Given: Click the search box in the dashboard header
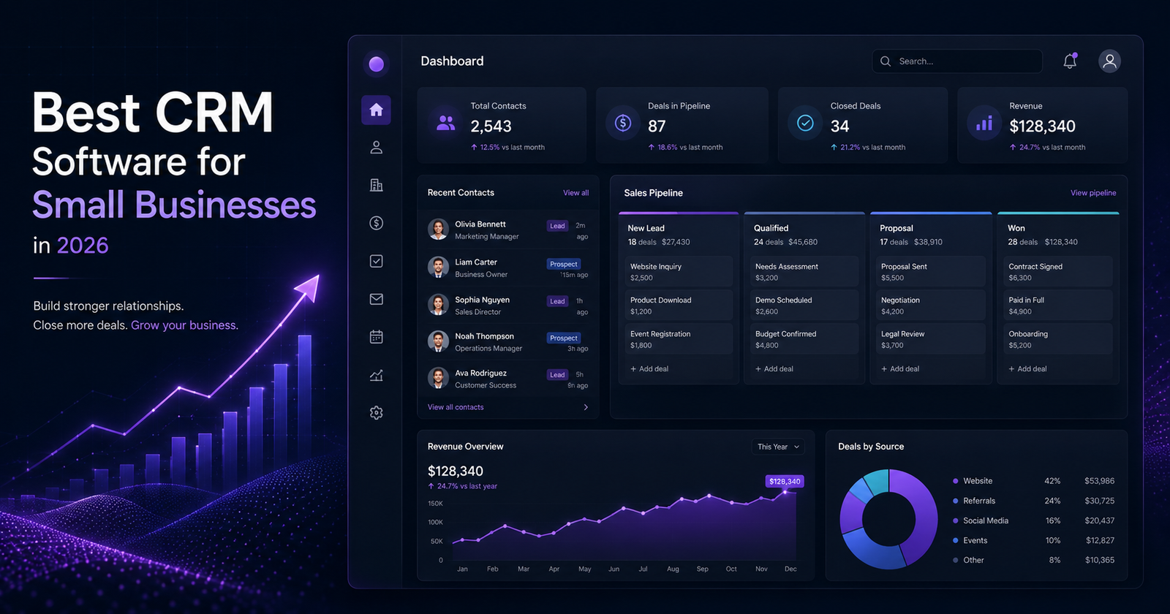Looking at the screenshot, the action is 957,61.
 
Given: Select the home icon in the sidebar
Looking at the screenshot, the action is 376,110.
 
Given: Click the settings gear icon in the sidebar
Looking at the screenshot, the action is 376,413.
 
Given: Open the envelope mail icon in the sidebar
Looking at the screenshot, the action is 376,299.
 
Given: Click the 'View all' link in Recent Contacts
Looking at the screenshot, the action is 575,193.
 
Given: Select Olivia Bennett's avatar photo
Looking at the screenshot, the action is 438,230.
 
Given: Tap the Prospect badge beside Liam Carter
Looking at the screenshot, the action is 564,264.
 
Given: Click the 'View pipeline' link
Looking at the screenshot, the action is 1093,193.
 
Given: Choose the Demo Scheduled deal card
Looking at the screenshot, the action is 804,305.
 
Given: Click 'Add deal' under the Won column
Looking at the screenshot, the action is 1027,368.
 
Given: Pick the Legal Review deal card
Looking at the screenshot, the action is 930,339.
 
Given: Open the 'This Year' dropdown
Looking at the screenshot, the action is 778,447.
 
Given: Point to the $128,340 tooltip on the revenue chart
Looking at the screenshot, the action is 785,482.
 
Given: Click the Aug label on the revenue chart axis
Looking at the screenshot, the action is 673,569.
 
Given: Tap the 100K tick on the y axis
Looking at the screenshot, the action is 435,522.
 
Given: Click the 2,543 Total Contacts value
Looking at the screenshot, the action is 491,126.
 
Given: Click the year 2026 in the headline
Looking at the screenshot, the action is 83,246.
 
